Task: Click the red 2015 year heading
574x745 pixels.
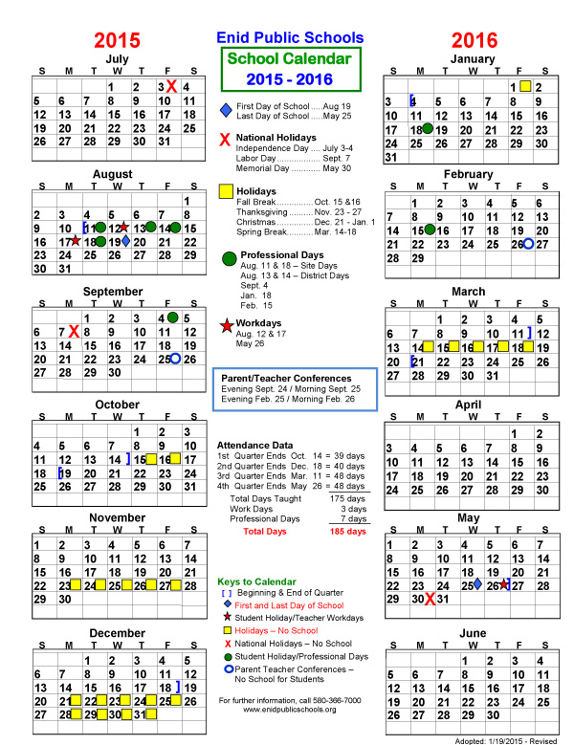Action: coord(117,40)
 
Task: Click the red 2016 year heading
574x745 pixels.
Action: coord(475,40)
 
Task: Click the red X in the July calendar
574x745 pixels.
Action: coord(171,87)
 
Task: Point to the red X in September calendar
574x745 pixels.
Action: coord(74,332)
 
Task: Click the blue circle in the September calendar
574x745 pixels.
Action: coord(175,359)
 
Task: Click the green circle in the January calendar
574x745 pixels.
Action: coord(429,128)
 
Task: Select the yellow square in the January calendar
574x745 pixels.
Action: coord(525,87)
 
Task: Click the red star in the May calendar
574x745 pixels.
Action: coord(504,584)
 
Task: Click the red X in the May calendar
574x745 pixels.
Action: coord(430,599)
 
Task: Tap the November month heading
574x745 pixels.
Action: coord(117,517)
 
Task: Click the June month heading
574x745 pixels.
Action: coord(473,634)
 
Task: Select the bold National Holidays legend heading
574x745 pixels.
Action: coord(276,138)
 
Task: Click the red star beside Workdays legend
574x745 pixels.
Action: coord(226,325)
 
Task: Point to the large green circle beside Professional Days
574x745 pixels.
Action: coord(229,258)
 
